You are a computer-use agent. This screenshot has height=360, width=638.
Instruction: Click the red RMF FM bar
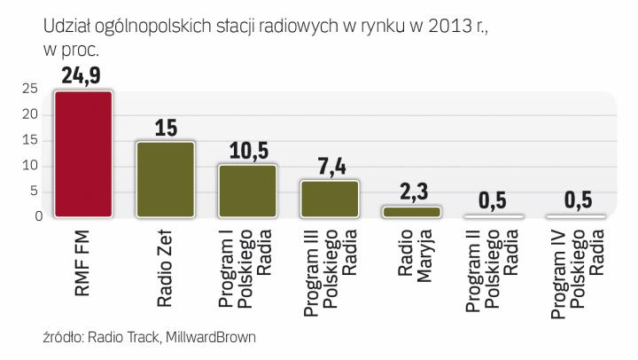tap(83, 154)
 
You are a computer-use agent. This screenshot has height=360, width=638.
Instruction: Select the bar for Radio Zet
tap(165, 179)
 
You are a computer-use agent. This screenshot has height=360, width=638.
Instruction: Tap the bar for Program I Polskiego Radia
tap(248, 191)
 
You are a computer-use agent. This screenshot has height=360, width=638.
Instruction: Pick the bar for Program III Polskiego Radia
tap(330, 199)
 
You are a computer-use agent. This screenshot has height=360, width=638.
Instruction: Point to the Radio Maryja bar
tap(411, 212)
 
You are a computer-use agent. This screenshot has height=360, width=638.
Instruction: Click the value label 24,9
tap(83, 75)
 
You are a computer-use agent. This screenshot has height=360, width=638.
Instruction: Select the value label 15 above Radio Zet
tap(166, 127)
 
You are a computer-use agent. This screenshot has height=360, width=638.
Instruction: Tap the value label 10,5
tap(248, 151)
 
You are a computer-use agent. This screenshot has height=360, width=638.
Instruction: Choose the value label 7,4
tap(330, 166)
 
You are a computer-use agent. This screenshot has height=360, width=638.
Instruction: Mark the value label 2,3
tap(411, 192)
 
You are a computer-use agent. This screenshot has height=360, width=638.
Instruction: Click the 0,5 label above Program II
tap(494, 201)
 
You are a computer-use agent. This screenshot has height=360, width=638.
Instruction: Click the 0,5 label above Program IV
tap(576, 201)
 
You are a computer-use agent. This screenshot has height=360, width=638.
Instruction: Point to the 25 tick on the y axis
tap(30, 89)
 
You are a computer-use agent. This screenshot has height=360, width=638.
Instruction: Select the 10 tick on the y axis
tap(30, 166)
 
